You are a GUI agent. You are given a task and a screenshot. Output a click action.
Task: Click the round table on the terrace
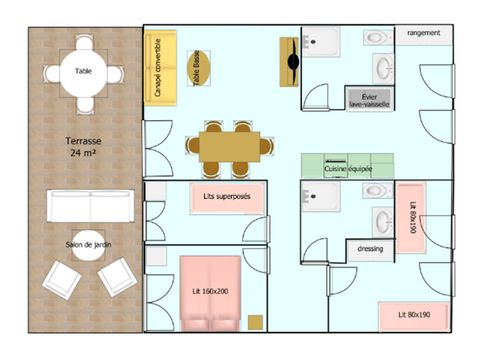click(x=85, y=73)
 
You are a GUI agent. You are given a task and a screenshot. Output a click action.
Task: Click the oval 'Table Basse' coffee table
click(x=197, y=68)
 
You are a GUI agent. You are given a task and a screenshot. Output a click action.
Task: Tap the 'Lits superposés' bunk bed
click(x=228, y=197)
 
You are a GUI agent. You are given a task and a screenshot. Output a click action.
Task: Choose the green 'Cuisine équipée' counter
click(x=347, y=166)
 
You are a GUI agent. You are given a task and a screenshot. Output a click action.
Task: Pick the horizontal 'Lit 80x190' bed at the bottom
click(x=412, y=316)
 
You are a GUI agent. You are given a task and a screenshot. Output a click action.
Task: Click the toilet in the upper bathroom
click(x=377, y=38)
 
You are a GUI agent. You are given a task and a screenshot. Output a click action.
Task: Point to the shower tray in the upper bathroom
click(x=322, y=41)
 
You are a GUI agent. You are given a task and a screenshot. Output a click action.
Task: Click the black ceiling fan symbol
click(x=292, y=62)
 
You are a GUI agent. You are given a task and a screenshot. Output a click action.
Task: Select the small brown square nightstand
click(x=256, y=322)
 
